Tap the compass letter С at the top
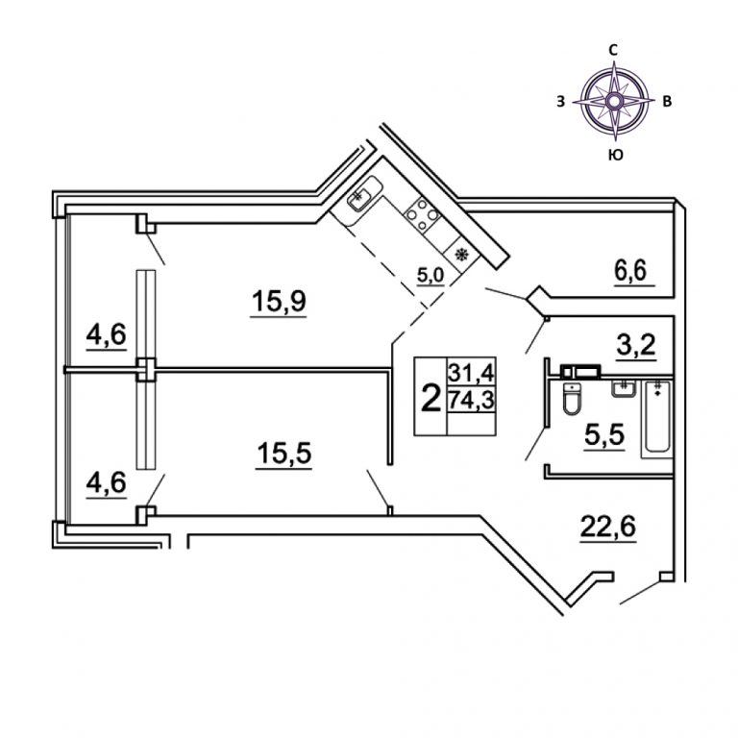[613, 49]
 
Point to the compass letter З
[559, 100]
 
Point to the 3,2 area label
[636, 344]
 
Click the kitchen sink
[359, 201]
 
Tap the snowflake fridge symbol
[462, 255]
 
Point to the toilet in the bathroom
[573, 400]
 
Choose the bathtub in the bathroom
[658, 419]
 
